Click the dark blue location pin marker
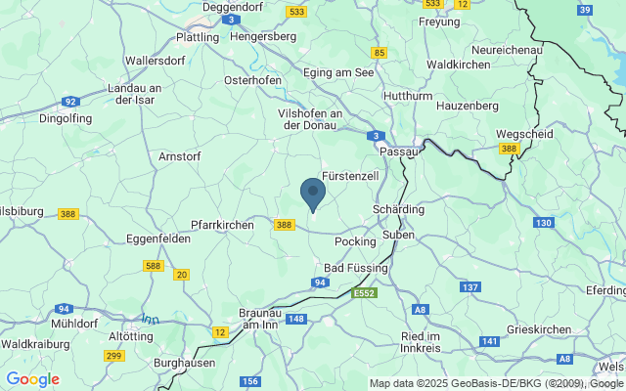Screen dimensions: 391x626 pos(312,193)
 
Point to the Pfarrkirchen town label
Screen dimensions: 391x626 pos(222,225)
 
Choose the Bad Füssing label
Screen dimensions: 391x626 pos(356,267)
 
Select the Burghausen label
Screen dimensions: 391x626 pos(185,363)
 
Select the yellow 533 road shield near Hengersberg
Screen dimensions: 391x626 pos(297,12)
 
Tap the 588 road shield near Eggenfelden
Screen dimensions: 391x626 pos(152,265)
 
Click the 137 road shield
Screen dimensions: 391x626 pos(470,287)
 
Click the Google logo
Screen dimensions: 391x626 pos(32,379)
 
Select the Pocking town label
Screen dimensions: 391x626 pos(354,241)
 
